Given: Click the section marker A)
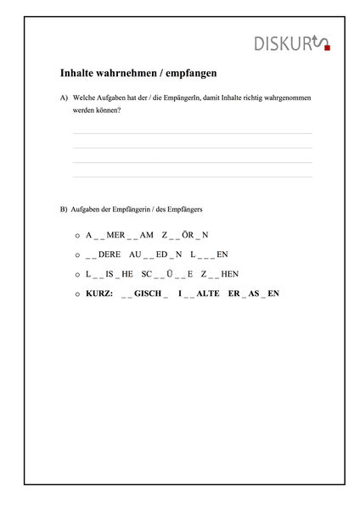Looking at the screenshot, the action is click(x=64, y=98).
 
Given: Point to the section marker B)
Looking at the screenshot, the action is click(x=64, y=209).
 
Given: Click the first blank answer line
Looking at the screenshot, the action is click(x=192, y=133).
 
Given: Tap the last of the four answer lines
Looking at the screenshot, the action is click(x=192, y=176).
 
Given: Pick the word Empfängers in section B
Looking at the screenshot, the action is click(x=202, y=209).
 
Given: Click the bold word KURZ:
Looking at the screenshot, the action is click(x=99, y=294).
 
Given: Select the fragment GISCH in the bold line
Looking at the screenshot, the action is click(x=148, y=294).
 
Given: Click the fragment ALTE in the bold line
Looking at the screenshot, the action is click(x=208, y=294).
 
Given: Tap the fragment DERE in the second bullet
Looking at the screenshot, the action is click(x=110, y=255).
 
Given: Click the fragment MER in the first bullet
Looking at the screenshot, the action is click(x=115, y=235).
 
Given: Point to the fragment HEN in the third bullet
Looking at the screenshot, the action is click(x=229, y=274).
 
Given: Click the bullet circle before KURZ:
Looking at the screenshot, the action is click(x=77, y=294).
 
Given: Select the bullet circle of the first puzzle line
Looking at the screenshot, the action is click(x=77, y=236).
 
